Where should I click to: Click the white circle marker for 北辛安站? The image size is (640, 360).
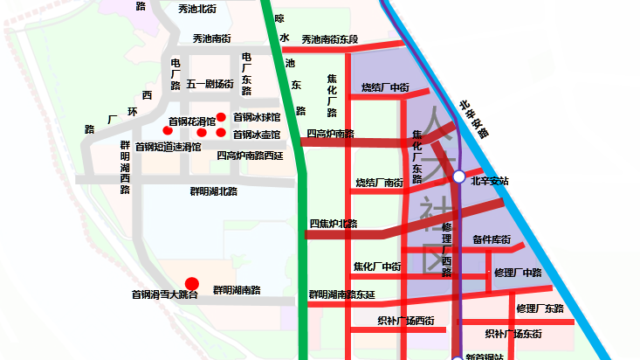[458, 177]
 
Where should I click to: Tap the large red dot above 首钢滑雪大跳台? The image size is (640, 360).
[192, 283]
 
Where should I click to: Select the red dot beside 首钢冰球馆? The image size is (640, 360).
[222, 117]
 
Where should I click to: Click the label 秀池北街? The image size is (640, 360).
[196, 10]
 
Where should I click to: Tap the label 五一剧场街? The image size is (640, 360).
[210, 85]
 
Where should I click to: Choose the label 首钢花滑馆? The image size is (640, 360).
[191, 121]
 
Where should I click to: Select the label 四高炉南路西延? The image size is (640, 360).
[250, 156]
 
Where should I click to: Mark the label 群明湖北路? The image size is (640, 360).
[213, 191]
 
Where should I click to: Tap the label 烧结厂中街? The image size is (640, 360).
[385, 88]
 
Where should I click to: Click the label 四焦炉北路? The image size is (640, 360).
[333, 224]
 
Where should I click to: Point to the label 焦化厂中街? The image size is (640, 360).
[376, 267]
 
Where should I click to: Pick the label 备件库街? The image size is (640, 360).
[491, 239]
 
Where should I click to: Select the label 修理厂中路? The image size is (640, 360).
[518, 273]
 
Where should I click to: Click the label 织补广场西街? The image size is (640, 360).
[406, 321]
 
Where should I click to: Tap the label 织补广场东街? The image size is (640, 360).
[514, 334]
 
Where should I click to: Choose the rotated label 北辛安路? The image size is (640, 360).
[473, 118]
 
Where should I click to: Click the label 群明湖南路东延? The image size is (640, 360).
[341, 294]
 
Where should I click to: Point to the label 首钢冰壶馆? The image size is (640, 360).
[257, 135]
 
